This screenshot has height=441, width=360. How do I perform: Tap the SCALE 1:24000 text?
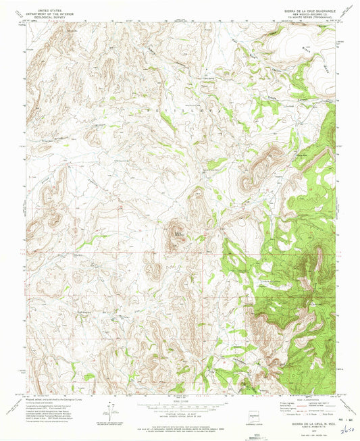pos(180,400)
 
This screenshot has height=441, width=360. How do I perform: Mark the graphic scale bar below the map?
pos(180,407)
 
